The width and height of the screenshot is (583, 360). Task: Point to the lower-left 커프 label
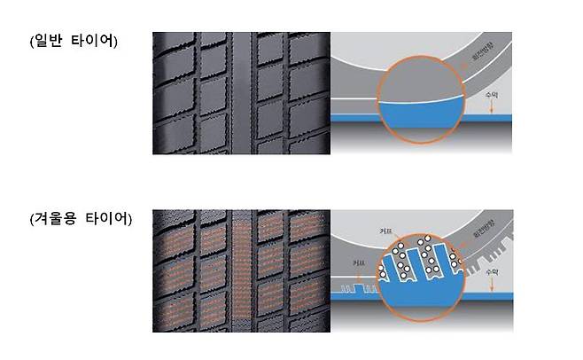click(x=358, y=263)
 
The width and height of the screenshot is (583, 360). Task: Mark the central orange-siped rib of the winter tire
click(x=242, y=270)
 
